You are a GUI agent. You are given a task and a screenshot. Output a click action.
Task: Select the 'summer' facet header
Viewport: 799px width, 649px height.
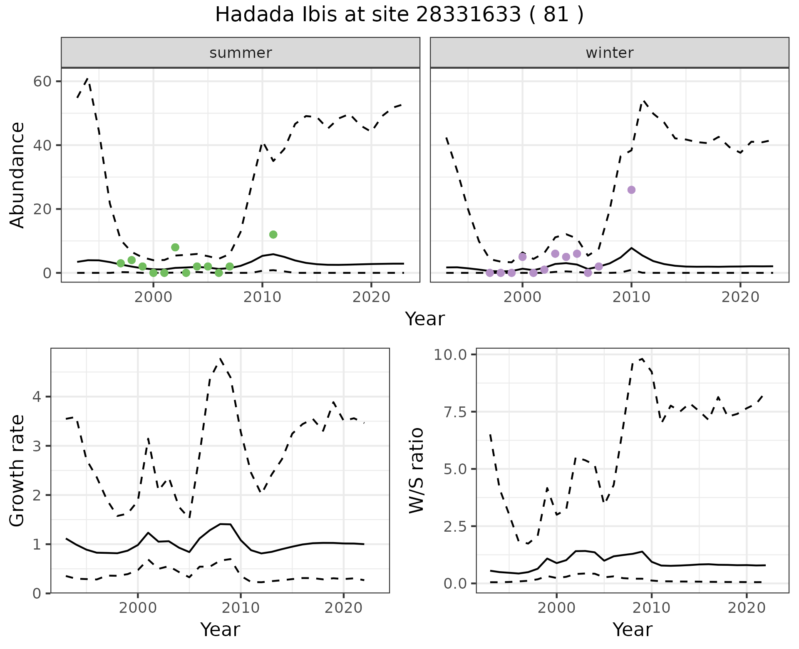(x=241, y=53)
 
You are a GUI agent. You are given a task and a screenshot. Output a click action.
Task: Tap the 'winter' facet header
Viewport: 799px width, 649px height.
(x=609, y=53)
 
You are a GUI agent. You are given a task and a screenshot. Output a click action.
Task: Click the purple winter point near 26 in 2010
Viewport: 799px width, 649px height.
(x=631, y=190)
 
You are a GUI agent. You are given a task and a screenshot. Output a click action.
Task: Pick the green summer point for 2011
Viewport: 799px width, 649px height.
(x=273, y=235)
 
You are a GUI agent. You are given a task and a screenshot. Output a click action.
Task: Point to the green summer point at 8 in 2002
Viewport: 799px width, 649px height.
(x=175, y=248)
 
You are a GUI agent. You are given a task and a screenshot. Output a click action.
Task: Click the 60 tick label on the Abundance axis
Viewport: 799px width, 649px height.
(x=42, y=81)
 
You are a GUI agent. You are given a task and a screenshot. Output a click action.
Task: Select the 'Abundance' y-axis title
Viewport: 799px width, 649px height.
(x=17, y=175)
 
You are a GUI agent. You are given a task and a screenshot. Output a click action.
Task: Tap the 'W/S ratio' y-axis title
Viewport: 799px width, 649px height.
(x=417, y=470)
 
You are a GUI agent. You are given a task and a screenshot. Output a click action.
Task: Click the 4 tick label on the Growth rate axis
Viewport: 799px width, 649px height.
(x=37, y=397)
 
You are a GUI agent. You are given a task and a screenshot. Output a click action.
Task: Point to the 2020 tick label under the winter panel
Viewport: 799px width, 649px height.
(x=740, y=297)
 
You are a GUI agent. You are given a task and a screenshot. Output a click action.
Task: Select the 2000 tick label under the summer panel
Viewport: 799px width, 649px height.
(x=154, y=297)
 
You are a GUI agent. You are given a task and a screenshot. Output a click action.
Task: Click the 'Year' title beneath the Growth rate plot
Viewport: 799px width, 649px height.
(x=220, y=629)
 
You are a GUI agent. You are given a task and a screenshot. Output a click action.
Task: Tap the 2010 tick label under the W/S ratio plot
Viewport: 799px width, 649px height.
(x=651, y=608)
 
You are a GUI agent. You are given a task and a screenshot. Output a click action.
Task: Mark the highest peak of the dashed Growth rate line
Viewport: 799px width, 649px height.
(x=221, y=358)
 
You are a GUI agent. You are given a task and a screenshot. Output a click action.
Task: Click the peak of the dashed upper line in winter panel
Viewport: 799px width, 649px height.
(x=643, y=101)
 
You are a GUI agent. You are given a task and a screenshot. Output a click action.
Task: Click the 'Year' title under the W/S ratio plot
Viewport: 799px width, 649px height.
(x=632, y=629)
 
